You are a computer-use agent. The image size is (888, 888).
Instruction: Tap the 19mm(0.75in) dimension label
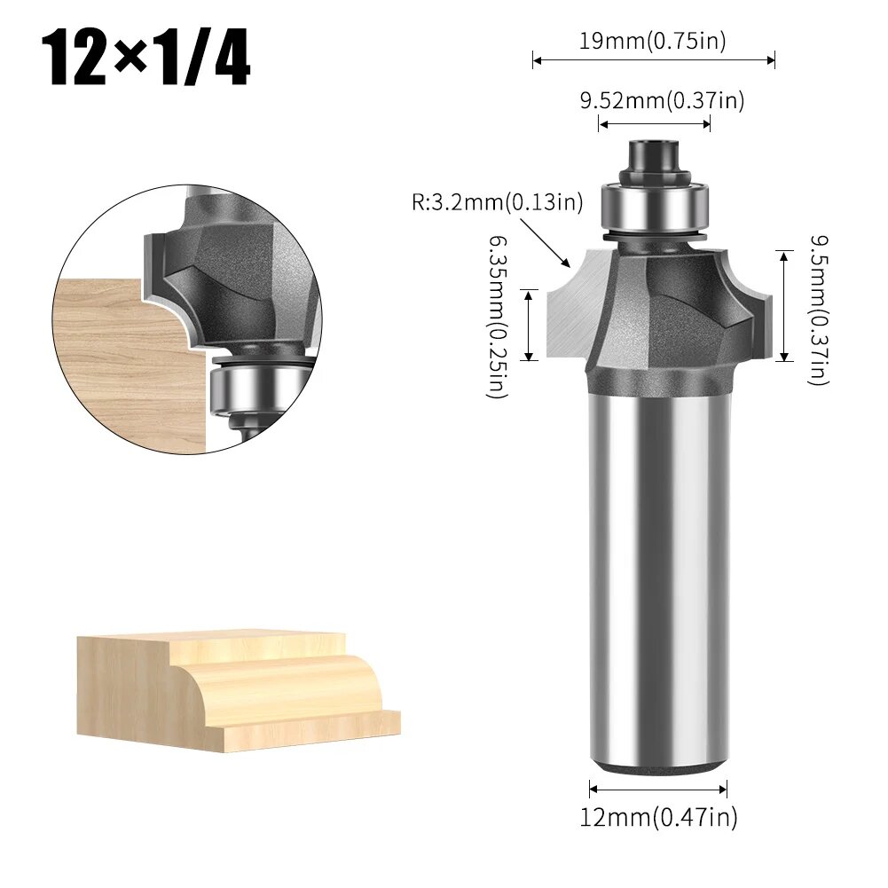pyautogui.click(x=653, y=41)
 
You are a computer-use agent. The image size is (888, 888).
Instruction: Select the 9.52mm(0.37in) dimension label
pyautogui.click(x=662, y=100)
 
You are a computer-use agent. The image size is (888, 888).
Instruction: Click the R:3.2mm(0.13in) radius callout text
pyautogui.click(x=497, y=202)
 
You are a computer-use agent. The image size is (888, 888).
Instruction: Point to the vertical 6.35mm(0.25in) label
pyautogui.click(x=499, y=317)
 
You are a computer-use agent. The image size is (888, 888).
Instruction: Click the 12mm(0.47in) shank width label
pyautogui.click(x=658, y=817)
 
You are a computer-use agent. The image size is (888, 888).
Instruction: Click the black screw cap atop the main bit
pyautogui.click(x=654, y=156)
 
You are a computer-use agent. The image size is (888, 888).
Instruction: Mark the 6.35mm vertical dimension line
pyautogui.click(x=529, y=325)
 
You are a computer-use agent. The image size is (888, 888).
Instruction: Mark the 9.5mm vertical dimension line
pyautogui.click(x=783, y=306)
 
